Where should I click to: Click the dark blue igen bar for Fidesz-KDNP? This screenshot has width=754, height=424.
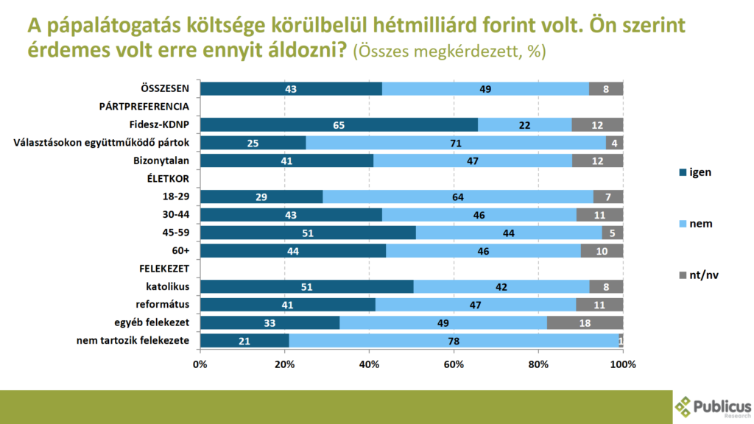pyautogui.click(x=339, y=125)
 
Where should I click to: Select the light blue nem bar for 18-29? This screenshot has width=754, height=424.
pyautogui.click(x=458, y=197)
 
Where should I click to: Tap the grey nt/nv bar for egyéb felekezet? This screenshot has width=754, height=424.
pyautogui.click(x=585, y=322)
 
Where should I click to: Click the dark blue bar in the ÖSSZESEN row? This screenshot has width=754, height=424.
pyautogui.click(x=291, y=89)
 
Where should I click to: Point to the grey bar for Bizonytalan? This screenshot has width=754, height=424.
pyautogui.click(x=597, y=161)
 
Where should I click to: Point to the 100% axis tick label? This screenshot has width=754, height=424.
pyautogui.click(x=623, y=364)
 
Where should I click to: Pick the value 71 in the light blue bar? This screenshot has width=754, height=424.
pyautogui.click(x=456, y=143)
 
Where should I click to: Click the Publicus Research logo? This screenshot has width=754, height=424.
pyautogui.click(x=713, y=406)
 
